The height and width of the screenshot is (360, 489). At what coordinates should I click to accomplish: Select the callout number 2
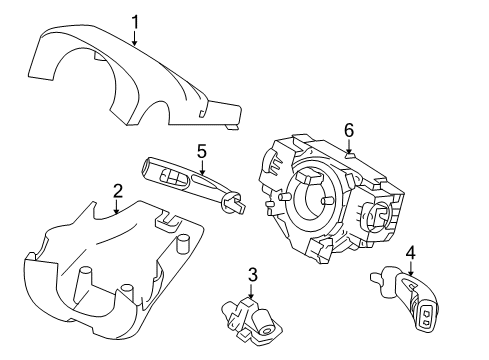pos(117,191)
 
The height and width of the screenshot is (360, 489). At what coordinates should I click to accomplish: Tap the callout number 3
pos(253,273)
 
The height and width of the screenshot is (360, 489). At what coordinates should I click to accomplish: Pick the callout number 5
pos(201,153)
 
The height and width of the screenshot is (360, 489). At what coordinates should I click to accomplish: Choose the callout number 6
pos(349,129)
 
